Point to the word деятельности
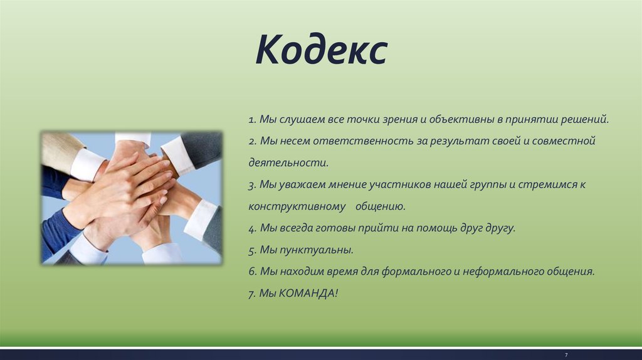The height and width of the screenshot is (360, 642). (288, 162)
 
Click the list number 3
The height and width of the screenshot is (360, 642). (252, 185)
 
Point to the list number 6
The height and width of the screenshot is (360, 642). (252, 272)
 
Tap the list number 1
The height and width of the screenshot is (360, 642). (252, 120)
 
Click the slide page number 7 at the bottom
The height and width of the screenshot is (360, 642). (566, 355)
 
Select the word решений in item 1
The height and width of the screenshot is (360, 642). (585, 119)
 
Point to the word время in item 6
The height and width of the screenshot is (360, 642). (342, 272)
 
